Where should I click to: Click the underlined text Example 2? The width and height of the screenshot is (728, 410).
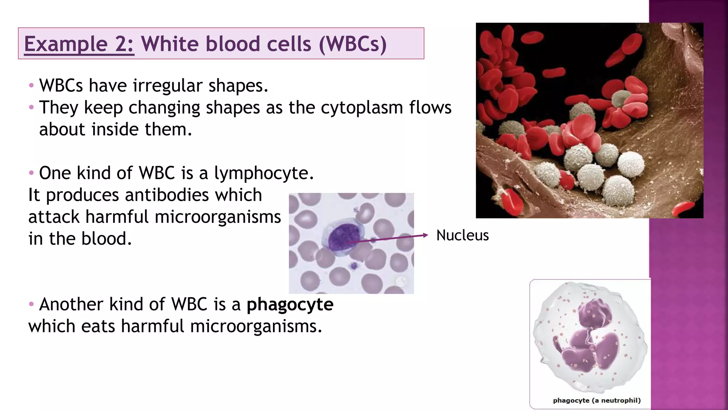coord(79,44)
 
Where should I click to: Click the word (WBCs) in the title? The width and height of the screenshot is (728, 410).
coord(352,44)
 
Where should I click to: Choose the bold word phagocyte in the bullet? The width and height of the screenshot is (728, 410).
coord(290,305)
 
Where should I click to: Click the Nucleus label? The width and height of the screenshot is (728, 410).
coord(462,236)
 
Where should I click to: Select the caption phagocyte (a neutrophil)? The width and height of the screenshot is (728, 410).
coord(596,400)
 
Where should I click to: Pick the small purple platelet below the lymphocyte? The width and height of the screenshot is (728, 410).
coord(354,266)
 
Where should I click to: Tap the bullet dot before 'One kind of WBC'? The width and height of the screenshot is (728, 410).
coord(31,173)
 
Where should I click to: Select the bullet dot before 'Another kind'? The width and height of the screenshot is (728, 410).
coord(31,305)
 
